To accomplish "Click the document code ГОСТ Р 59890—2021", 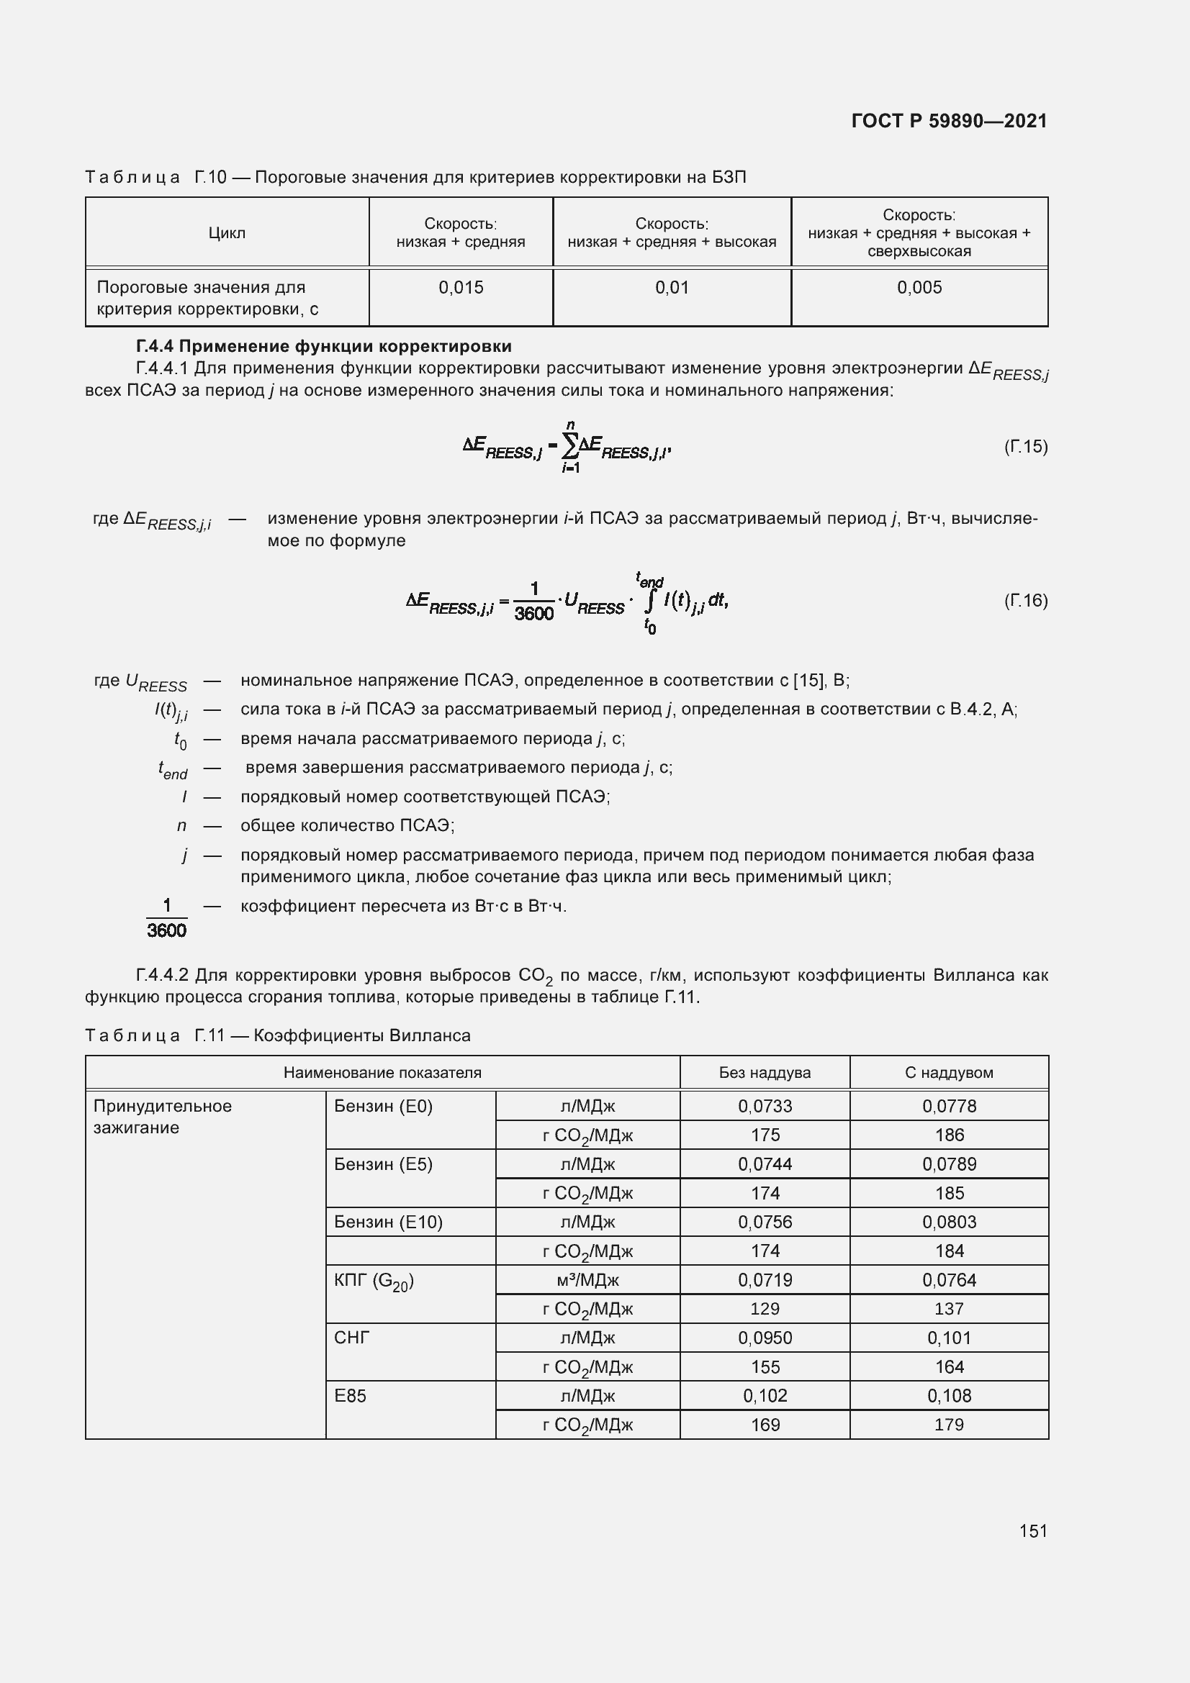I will (x=949, y=121).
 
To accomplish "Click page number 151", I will (x=1032, y=1530).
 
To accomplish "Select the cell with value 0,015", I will (x=461, y=287).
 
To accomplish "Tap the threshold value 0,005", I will (x=919, y=287).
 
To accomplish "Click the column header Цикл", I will (x=227, y=233).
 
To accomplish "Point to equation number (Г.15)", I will (x=1025, y=446).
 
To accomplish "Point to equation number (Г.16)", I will (x=1025, y=601).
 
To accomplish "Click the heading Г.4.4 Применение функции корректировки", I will (x=323, y=346).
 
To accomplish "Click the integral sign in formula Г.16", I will (x=649, y=602).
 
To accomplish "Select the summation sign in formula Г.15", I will (x=569, y=445).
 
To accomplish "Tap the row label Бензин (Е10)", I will (x=388, y=1222).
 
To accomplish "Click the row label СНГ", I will (x=352, y=1338).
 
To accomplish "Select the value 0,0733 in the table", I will (x=765, y=1106).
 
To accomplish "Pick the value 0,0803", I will (x=949, y=1222).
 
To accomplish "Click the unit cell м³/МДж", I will (x=587, y=1280).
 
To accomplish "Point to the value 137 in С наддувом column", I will (x=949, y=1308).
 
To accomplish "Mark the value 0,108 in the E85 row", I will (x=949, y=1396).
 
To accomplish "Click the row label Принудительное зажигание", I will (x=162, y=1117).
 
